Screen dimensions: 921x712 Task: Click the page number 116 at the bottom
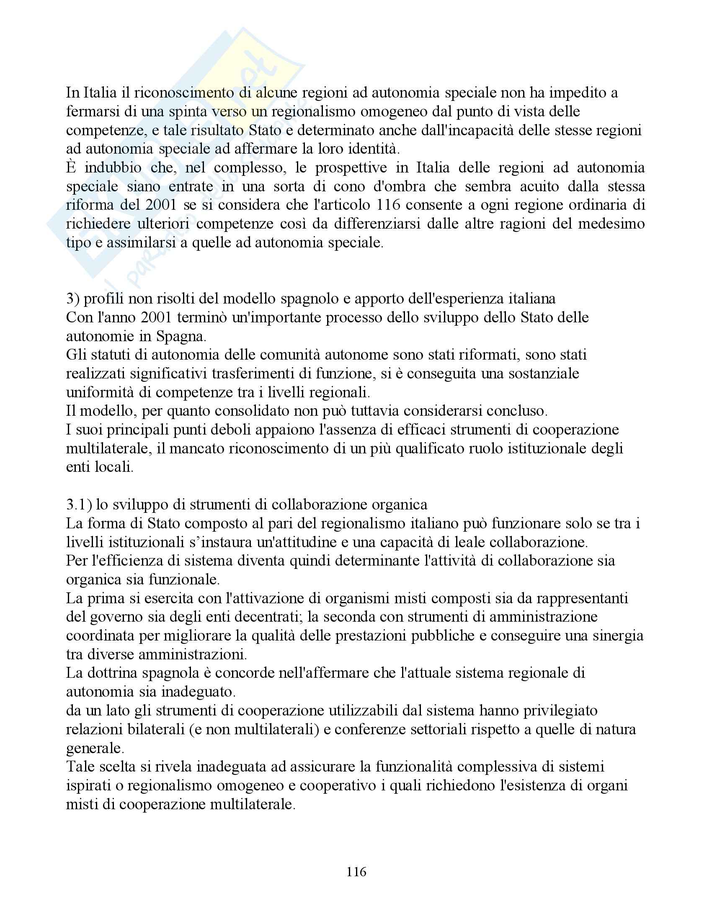(x=356, y=872)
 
